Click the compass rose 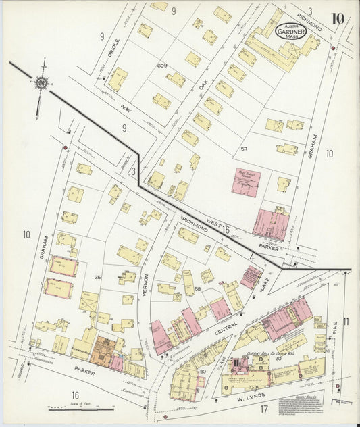(41, 83)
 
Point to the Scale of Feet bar (81, 408)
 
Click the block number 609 (161, 66)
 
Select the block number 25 (97, 277)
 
